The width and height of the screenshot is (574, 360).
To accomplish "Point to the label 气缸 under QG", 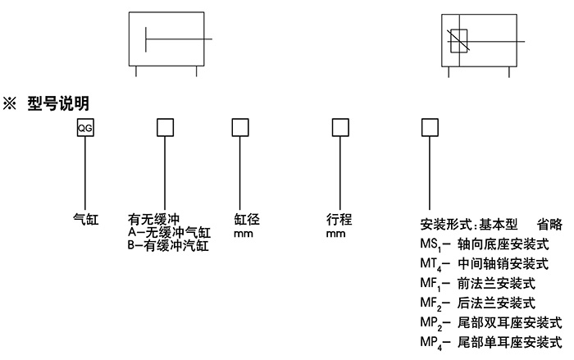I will [85, 219].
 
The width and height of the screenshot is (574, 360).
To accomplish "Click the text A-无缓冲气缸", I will [170, 232].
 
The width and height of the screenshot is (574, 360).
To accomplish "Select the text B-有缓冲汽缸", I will [170, 244].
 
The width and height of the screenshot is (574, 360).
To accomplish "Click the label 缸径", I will [247, 219].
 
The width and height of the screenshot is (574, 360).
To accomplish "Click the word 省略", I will [549, 224].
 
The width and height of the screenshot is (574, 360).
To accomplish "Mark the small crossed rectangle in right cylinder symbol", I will [458, 39].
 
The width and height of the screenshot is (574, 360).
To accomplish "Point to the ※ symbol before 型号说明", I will [13, 103].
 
